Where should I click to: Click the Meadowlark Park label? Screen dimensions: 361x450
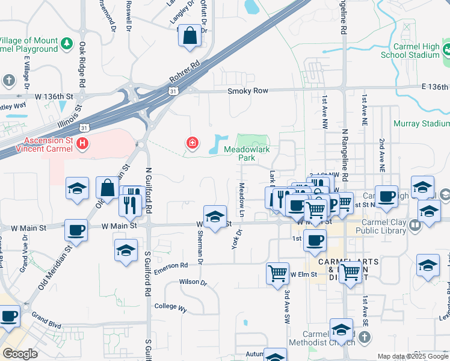click(x=239, y=153)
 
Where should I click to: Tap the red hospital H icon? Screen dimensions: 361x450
click(x=82, y=143)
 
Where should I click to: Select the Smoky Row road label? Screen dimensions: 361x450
click(x=248, y=91)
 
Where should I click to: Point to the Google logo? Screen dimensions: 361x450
click(x=20, y=354)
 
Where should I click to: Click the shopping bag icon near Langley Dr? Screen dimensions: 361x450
click(x=190, y=35)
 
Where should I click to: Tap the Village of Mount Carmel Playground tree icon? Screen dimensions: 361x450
click(x=67, y=43)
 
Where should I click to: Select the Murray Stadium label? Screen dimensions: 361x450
click(x=421, y=124)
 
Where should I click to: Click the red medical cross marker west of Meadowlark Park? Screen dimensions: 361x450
click(x=191, y=143)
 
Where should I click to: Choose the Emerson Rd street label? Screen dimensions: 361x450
click(x=171, y=265)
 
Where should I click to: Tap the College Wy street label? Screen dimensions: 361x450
click(x=170, y=307)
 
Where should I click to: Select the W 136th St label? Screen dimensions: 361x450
click(x=54, y=96)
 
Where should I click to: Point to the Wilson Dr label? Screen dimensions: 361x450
click(x=193, y=282)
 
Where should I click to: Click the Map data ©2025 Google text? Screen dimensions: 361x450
click(x=412, y=356)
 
